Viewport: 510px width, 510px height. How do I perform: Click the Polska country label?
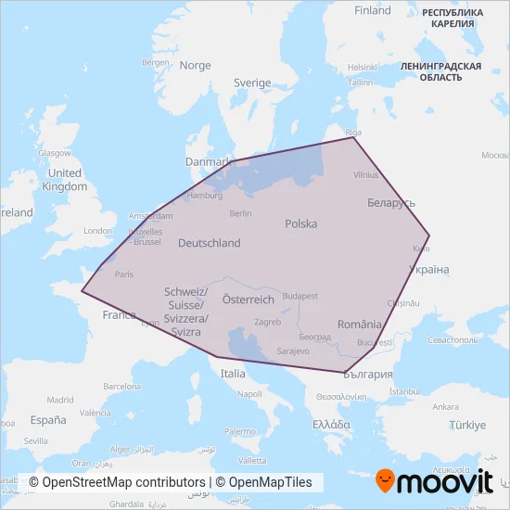pos(301,223)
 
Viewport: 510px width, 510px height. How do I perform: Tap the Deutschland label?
pos(209,243)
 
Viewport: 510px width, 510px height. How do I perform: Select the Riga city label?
pos(351,131)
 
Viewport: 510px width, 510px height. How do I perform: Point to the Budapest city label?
pos(300,296)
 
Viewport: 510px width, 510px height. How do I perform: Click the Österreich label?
pos(249,300)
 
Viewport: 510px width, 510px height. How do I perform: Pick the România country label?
pos(360,325)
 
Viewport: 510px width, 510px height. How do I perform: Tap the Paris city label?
pos(123,274)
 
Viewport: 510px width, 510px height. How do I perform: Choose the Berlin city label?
pos(240,213)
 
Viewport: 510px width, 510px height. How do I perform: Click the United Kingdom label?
pos(65,180)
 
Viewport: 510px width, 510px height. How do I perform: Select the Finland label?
pos(373,11)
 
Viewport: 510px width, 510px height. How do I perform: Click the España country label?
pos(48,419)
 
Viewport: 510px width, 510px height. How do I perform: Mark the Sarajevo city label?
pos(292,351)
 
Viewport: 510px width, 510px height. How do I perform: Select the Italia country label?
pos(233,373)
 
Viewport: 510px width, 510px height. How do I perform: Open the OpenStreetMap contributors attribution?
pos(116,482)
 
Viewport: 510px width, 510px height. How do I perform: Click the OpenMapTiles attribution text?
pos(265,482)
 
